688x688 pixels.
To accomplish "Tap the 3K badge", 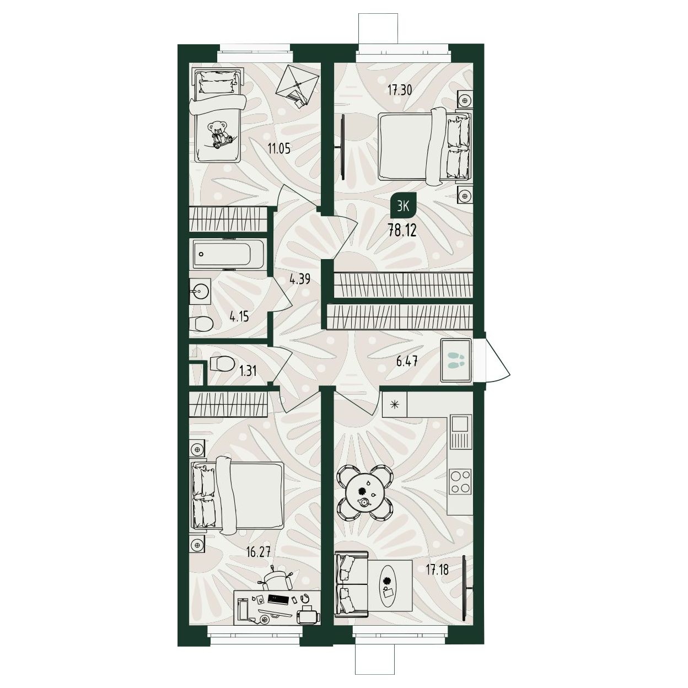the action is coord(403,206).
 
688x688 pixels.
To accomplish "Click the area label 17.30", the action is coord(400,90).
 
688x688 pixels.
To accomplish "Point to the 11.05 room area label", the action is coord(279,147).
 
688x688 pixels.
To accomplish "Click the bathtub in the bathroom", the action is coord(227,254).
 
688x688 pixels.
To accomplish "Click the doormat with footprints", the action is coord(456,360).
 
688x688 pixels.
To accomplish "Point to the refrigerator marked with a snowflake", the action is coord(394,404).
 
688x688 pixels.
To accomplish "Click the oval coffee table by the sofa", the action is coord(387,592).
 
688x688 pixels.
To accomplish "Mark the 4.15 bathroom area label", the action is coord(239,316).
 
